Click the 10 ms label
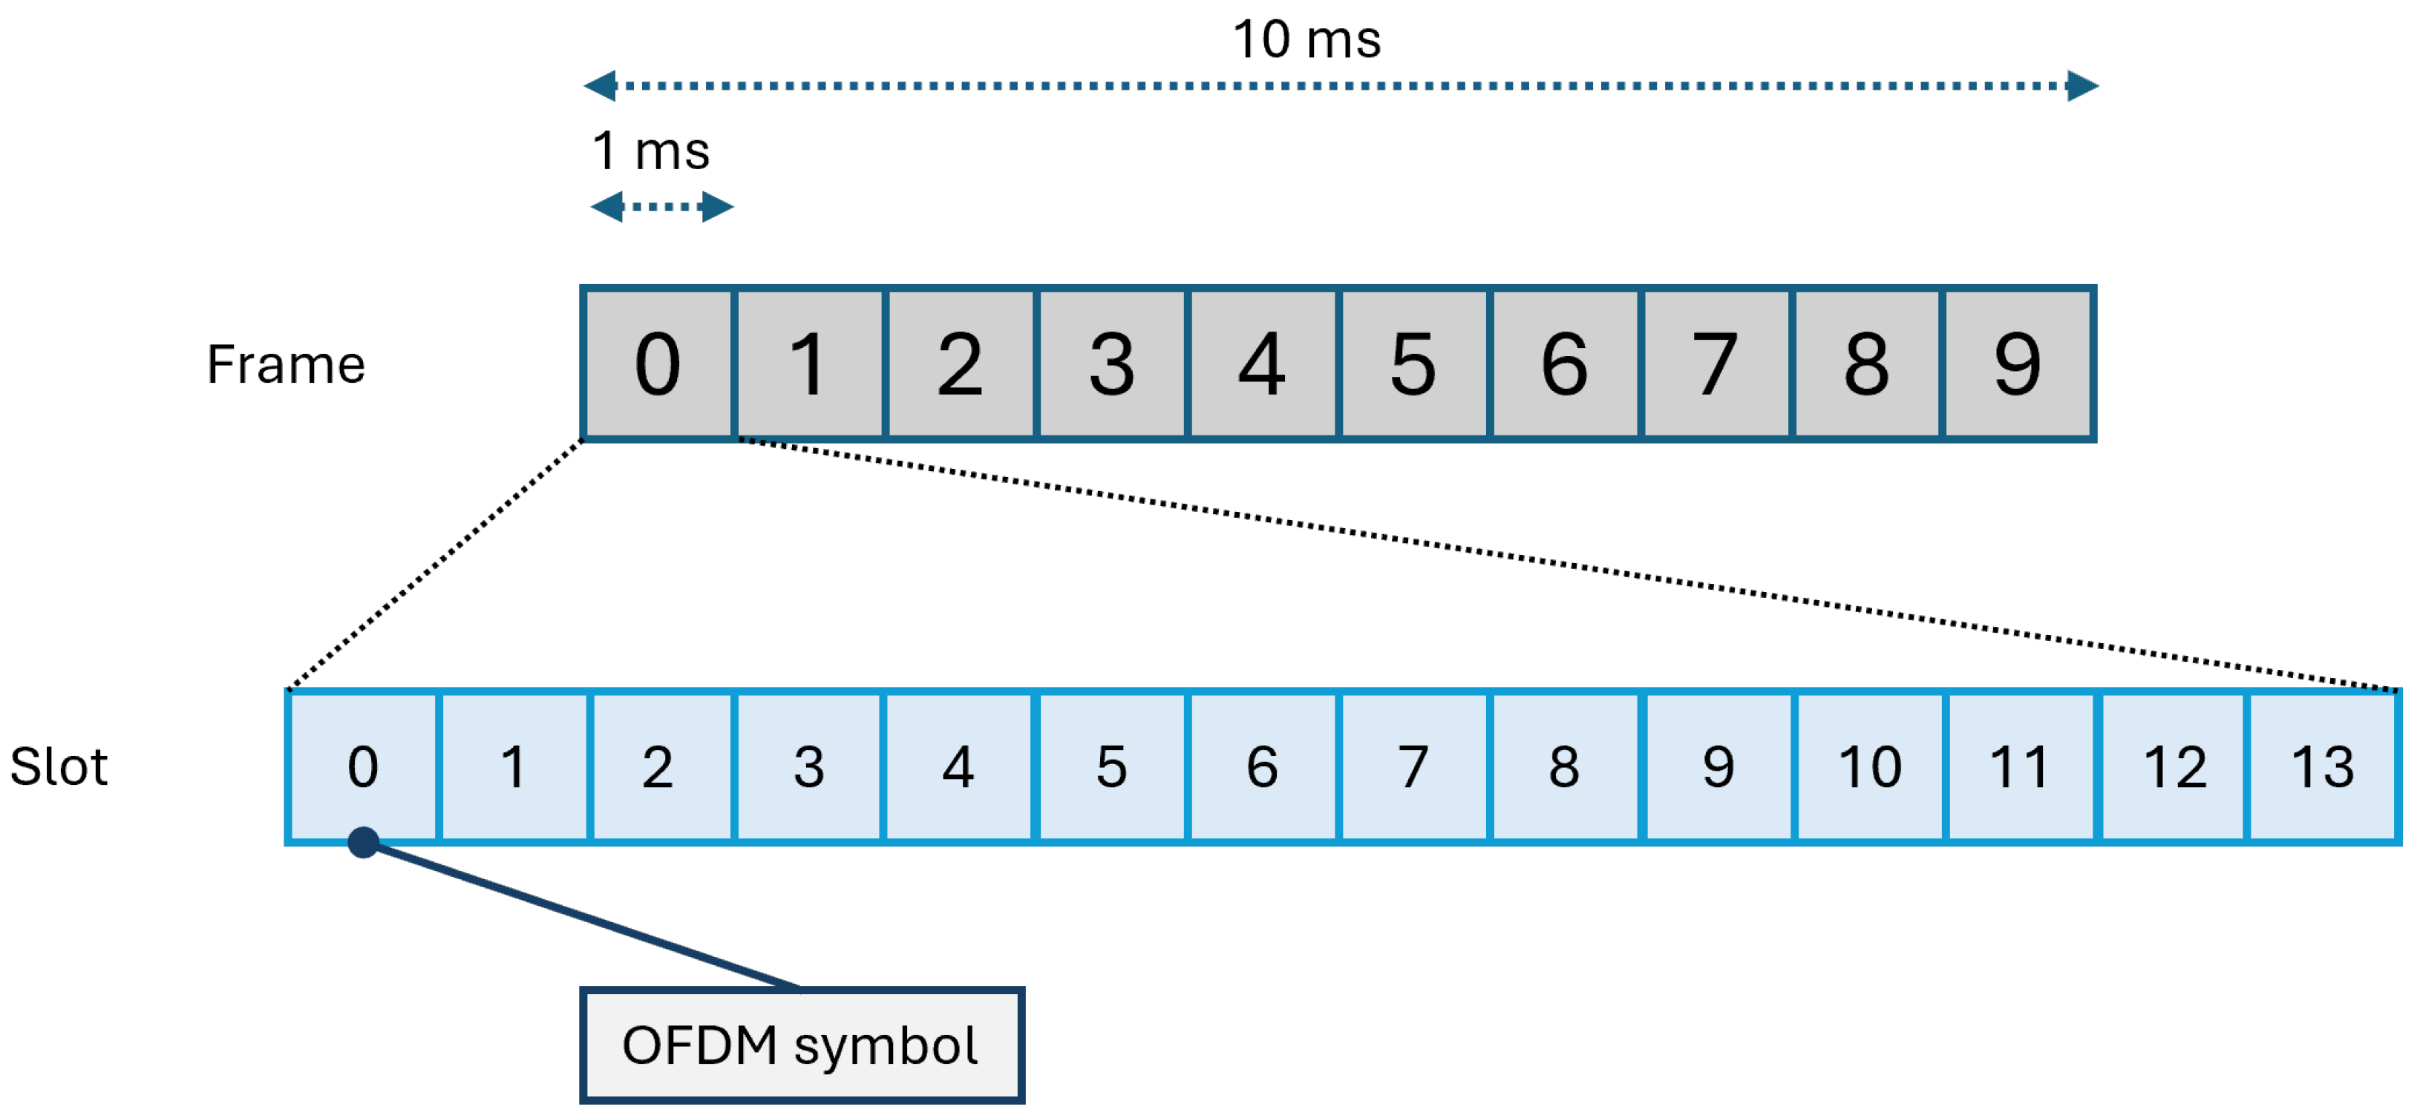pos(1306,40)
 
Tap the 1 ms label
pos(650,151)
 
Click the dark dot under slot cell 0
pos(363,842)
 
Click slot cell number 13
pos(2323,766)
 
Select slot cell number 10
pos(1869,766)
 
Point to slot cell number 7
pos(1413,766)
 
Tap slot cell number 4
pos(958,766)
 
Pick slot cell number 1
pos(512,766)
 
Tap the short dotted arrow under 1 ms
pos(661,206)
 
